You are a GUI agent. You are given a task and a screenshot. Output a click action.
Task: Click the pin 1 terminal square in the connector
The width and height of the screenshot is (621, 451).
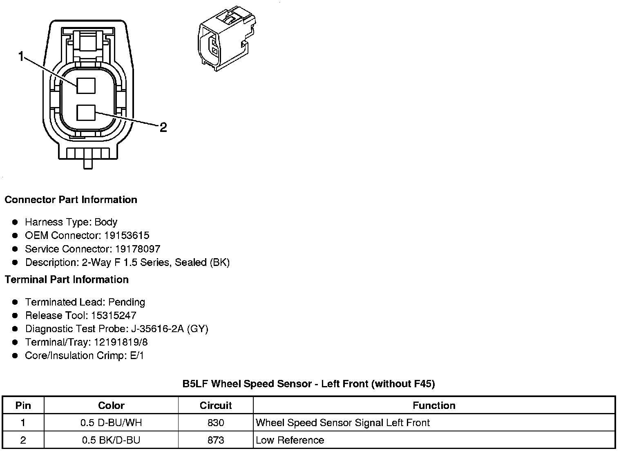(86, 86)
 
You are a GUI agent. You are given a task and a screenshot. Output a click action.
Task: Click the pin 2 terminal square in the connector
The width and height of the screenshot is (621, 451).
(86, 113)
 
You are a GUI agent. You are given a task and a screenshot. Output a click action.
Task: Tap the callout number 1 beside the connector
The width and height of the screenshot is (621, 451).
(22, 56)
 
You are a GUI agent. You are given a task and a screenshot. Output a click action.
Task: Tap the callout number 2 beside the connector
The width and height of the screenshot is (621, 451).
(163, 128)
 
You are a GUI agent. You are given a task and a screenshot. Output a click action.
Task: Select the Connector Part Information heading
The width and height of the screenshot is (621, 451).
(71, 200)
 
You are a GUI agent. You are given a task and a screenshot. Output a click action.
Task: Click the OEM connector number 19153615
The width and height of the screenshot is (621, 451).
(127, 235)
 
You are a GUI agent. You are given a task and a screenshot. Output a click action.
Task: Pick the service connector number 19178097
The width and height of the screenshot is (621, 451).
(138, 249)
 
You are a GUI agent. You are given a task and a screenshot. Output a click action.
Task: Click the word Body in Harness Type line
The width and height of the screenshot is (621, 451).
(106, 222)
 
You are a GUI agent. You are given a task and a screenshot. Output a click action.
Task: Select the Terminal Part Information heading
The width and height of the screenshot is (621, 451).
(67, 279)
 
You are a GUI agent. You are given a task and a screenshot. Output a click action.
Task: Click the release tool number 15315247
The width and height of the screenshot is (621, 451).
(114, 315)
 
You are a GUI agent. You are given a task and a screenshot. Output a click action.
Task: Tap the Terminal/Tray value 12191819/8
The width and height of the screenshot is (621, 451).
(121, 342)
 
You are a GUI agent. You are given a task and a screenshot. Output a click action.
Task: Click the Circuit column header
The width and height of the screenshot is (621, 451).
(216, 405)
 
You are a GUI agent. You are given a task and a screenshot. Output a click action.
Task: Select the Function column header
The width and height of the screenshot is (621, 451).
(434, 405)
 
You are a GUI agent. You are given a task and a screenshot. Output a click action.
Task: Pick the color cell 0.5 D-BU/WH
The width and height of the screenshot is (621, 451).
(111, 422)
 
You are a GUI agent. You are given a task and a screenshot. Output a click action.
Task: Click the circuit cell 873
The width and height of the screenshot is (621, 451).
(216, 440)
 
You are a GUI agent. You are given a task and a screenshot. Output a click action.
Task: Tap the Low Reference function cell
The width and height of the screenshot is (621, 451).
(290, 440)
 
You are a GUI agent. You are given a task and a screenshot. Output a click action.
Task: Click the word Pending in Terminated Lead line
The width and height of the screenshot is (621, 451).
(127, 302)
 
